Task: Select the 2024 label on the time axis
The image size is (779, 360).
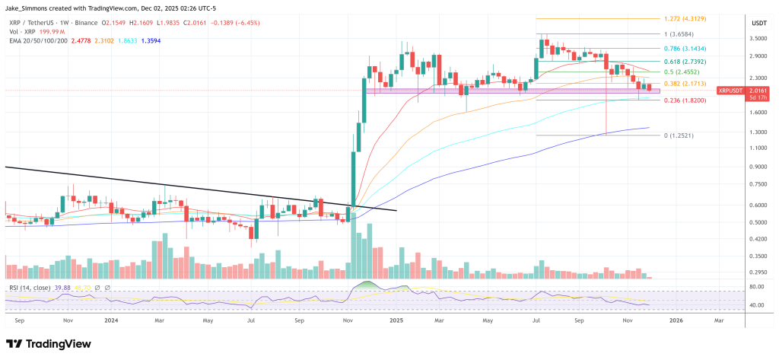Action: (111, 320)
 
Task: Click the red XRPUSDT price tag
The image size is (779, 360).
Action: (733, 91)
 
